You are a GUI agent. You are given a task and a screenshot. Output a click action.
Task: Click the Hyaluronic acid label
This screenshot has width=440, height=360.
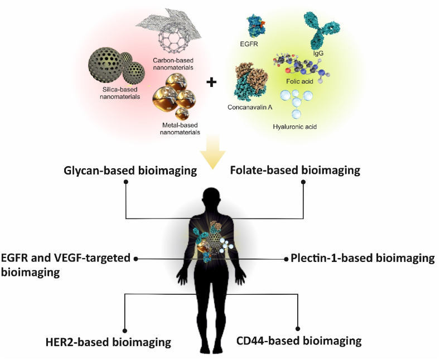point(294,127)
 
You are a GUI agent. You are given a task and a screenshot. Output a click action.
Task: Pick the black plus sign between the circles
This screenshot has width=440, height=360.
point(211,83)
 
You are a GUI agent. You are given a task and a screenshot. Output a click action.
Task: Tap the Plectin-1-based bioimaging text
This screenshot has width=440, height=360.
point(363,258)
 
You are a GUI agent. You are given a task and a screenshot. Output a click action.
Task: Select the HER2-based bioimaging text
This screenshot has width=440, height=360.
point(109,341)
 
